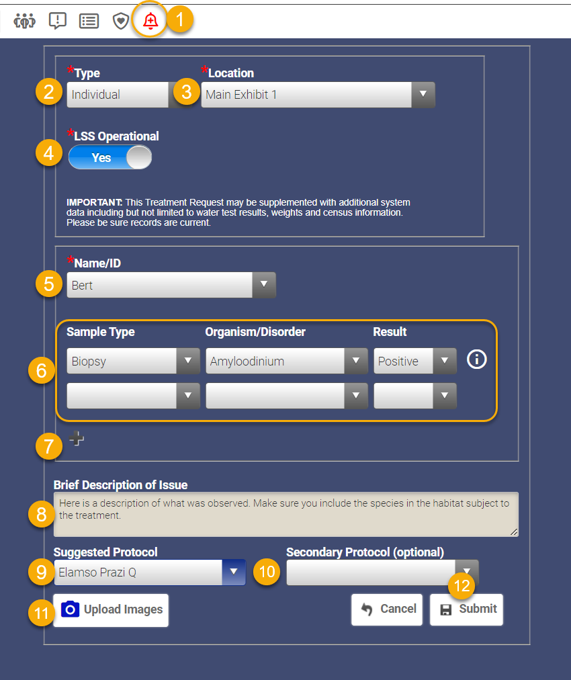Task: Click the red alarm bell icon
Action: [150, 21]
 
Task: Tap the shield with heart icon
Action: [120, 21]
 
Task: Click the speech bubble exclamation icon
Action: [58, 21]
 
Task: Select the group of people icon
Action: [24, 21]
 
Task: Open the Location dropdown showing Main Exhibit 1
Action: [318, 95]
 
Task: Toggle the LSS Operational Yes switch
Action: [110, 158]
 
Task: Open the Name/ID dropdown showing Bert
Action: [171, 286]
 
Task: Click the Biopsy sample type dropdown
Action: [133, 362]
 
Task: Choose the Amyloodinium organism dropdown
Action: [286, 362]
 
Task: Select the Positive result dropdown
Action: [414, 362]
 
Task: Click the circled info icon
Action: [476, 359]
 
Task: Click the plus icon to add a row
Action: [77, 439]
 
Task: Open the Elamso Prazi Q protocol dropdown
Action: [149, 572]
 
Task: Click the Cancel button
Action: [387, 609]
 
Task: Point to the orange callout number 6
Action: [42, 371]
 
